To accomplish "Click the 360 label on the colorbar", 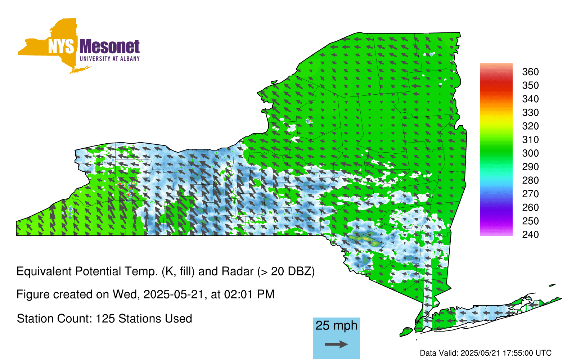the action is coord(530,72).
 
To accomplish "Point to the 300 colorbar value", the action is coord(530,153).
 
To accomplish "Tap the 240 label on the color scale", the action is coord(530,234).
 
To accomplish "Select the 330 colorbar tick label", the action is coord(530,113).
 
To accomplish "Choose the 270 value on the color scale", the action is coord(530,194).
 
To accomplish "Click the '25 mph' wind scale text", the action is coord(336,326).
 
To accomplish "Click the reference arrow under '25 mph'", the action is coord(336,344).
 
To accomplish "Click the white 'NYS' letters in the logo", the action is coord(61,46).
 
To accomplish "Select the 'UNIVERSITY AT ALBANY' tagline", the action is coord(110,59).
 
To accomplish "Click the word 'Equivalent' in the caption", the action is coord(44,271).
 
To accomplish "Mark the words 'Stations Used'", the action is coord(155,319).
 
